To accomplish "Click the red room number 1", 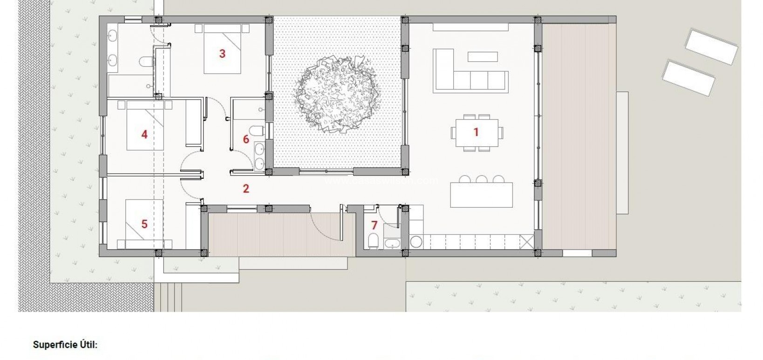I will (476, 132).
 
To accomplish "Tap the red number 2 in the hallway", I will (246, 189).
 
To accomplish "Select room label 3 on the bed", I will (222, 54).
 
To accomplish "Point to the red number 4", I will (144, 135).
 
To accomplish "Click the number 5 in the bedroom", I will (144, 224).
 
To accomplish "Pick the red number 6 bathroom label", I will (246, 139).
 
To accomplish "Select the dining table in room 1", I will (476, 133).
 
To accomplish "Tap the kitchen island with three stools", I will (481, 195).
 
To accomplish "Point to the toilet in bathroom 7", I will (373, 240).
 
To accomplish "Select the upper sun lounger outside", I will (711, 46).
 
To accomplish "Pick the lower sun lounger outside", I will (688, 77).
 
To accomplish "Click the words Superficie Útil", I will (65, 345).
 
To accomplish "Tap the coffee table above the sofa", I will (483, 56).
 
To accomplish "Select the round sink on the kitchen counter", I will (416, 241).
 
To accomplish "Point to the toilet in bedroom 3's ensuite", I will (145, 61).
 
